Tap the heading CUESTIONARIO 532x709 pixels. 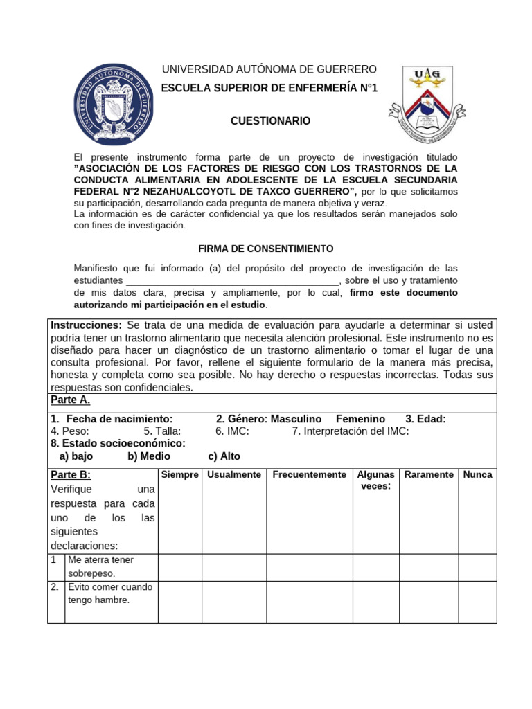[x=271, y=121]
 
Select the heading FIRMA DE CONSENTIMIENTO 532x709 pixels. [x=266, y=248]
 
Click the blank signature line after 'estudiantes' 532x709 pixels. [x=232, y=280]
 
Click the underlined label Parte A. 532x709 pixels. [x=71, y=401]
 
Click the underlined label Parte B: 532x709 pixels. [x=71, y=475]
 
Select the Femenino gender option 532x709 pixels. [x=360, y=419]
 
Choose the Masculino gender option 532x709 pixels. [x=296, y=419]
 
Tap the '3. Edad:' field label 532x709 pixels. [x=425, y=419]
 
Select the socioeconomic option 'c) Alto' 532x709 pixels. [x=224, y=456]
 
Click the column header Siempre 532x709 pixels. [x=179, y=474]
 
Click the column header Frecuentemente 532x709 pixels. [x=309, y=474]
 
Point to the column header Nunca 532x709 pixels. [x=478, y=474]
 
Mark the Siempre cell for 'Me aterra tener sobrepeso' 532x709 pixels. [x=179, y=567]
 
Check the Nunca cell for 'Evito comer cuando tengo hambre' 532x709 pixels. [x=478, y=601]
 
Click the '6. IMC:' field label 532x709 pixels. [x=232, y=431]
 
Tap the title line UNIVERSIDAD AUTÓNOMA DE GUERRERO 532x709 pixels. [x=269, y=69]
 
